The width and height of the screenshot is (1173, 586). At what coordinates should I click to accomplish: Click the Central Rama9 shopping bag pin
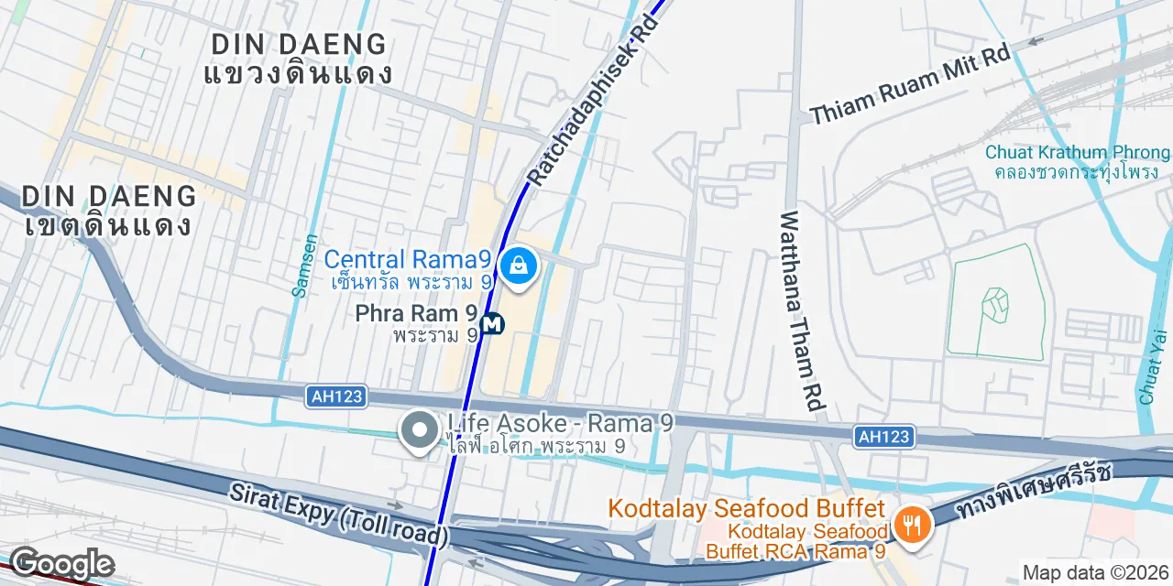point(519,266)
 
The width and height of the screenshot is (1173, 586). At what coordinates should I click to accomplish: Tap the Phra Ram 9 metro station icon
point(492,324)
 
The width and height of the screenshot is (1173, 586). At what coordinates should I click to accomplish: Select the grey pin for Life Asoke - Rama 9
point(420,429)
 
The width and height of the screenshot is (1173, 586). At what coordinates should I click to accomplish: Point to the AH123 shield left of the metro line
point(336,396)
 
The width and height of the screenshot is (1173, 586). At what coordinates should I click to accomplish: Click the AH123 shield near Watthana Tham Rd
point(884,437)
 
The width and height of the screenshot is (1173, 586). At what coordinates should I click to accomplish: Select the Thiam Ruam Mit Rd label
point(910,83)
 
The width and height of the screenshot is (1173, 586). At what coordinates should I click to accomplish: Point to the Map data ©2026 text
point(1096,573)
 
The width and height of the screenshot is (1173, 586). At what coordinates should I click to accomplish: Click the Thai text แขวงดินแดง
point(299,73)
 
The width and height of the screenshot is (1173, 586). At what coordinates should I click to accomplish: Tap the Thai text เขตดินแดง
point(108,224)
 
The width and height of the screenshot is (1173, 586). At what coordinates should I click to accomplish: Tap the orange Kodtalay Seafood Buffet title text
point(746,508)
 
